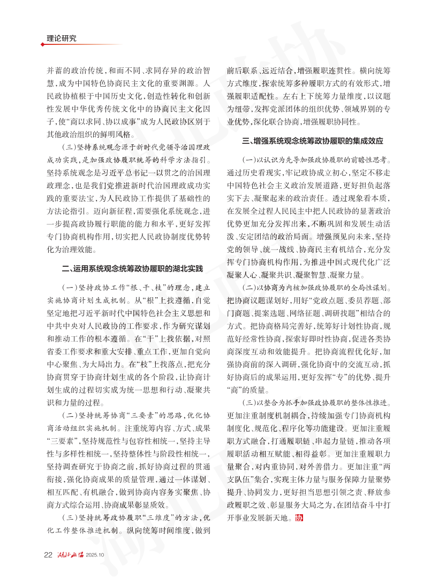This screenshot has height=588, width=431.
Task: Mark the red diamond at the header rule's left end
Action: click(42, 44)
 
